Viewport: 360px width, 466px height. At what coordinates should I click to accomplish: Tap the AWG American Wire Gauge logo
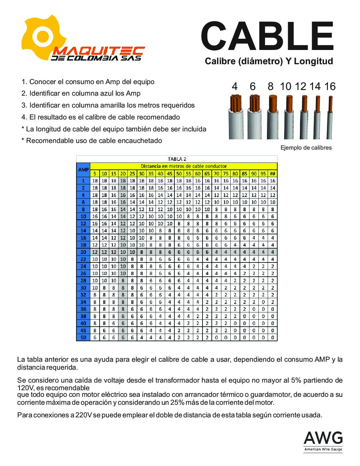pos(323,442)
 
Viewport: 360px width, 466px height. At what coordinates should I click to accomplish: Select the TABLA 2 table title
pos(177,159)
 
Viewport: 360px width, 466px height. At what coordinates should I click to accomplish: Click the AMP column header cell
pos(83,170)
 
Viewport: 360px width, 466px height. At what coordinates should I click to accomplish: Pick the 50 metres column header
pos(179,173)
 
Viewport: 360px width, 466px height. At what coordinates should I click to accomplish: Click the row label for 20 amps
pos(83,252)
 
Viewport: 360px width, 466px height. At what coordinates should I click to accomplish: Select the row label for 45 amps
pos(83,330)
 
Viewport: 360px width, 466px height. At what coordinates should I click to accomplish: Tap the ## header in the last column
pos(273,173)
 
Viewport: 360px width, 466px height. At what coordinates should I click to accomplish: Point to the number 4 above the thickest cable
pos(235,87)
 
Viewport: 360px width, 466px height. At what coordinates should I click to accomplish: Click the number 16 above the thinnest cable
pos(330,87)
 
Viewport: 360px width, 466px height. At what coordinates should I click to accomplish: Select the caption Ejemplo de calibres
pos(306,148)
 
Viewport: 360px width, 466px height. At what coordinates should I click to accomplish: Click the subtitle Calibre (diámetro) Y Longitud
pos(269,61)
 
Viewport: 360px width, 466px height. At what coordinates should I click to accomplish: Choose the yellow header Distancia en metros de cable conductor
pos(184,166)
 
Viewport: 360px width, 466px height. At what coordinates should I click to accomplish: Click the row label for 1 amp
pos(83,181)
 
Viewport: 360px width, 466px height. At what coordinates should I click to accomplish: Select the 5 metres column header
pos(95,173)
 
